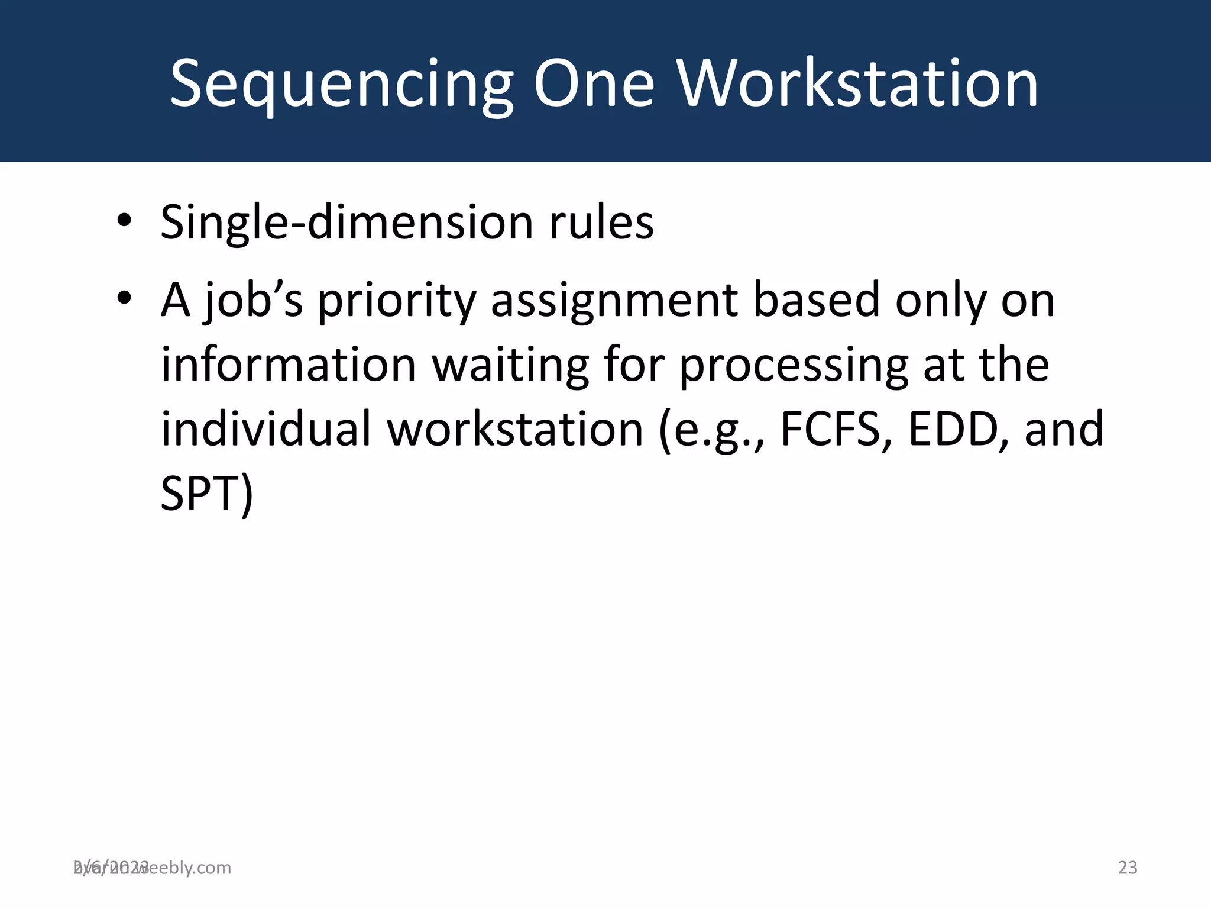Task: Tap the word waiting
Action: tap(510, 365)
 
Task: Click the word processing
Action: tap(793, 365)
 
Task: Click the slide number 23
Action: tap(1128, 868)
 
